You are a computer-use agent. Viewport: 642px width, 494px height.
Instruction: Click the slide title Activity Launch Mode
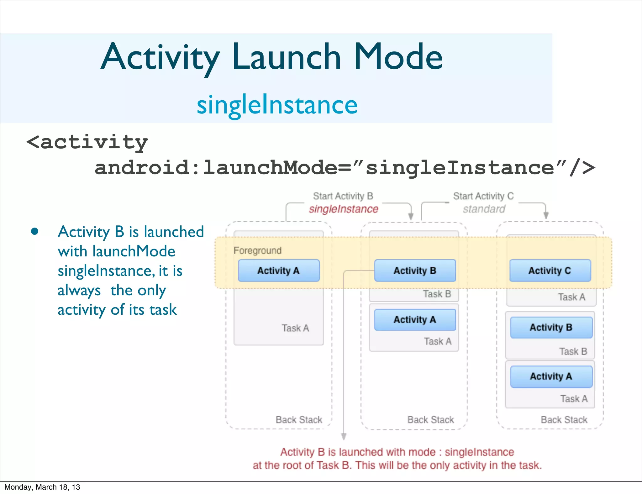[271, 57]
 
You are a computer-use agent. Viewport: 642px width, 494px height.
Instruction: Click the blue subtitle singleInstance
[277, 105]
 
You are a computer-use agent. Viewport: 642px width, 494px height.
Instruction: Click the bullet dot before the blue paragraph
[35, 232]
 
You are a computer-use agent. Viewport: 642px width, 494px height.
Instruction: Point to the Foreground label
[257, 250]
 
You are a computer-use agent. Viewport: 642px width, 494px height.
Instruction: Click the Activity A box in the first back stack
[279, 271]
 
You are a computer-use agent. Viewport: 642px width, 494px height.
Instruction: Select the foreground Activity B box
[415, 271]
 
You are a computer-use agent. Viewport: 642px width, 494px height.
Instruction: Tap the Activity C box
[550, 271]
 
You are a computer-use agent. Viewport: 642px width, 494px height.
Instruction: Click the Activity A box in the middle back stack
[415, 320]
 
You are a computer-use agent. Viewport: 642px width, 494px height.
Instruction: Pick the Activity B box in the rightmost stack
[551, 327]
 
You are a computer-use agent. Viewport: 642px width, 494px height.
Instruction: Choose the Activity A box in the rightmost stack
[551, 376]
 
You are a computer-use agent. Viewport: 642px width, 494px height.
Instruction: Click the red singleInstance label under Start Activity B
[344, 209]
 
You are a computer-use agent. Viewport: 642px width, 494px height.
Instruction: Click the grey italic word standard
[484, 209]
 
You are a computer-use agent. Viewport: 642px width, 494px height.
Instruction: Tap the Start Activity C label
[483, 196]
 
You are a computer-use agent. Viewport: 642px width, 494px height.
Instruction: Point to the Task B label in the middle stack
[437, 294]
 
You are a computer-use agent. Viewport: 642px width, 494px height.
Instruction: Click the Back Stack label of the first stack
[299, 420]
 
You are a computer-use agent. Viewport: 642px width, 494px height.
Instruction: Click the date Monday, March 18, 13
[42, 487]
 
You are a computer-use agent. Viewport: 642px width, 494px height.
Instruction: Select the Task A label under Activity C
[571, 297]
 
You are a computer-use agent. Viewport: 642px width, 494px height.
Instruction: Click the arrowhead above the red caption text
[344, 436]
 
